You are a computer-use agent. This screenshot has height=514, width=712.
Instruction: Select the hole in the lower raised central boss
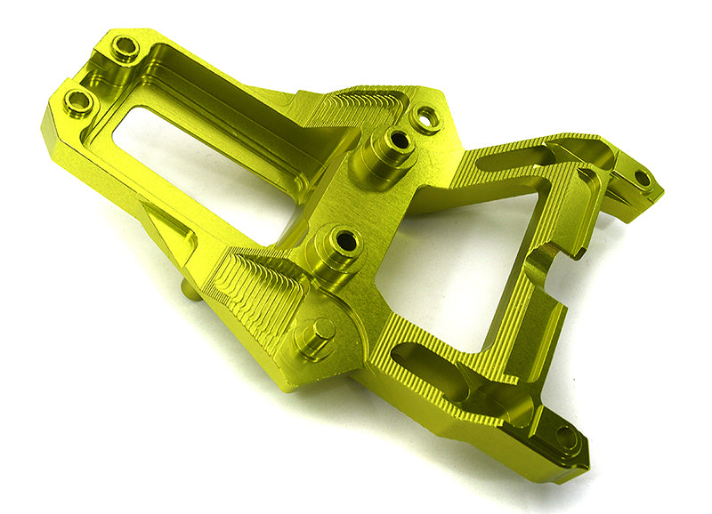click(343, 238)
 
